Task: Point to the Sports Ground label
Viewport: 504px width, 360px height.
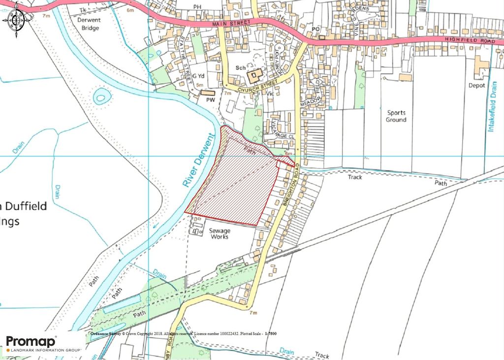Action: click(396, 116)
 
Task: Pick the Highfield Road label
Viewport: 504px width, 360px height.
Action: click(468, 41)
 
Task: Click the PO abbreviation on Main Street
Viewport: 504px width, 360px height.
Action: click(315, 30)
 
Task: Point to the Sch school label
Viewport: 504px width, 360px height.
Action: click(240, 68)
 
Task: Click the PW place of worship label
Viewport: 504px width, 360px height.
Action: click(211, 100)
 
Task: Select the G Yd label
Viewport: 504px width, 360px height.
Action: click(198, 76)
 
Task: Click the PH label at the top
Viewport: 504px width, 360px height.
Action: click(198, 7)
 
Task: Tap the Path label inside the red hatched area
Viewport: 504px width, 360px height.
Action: click(250, 152)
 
